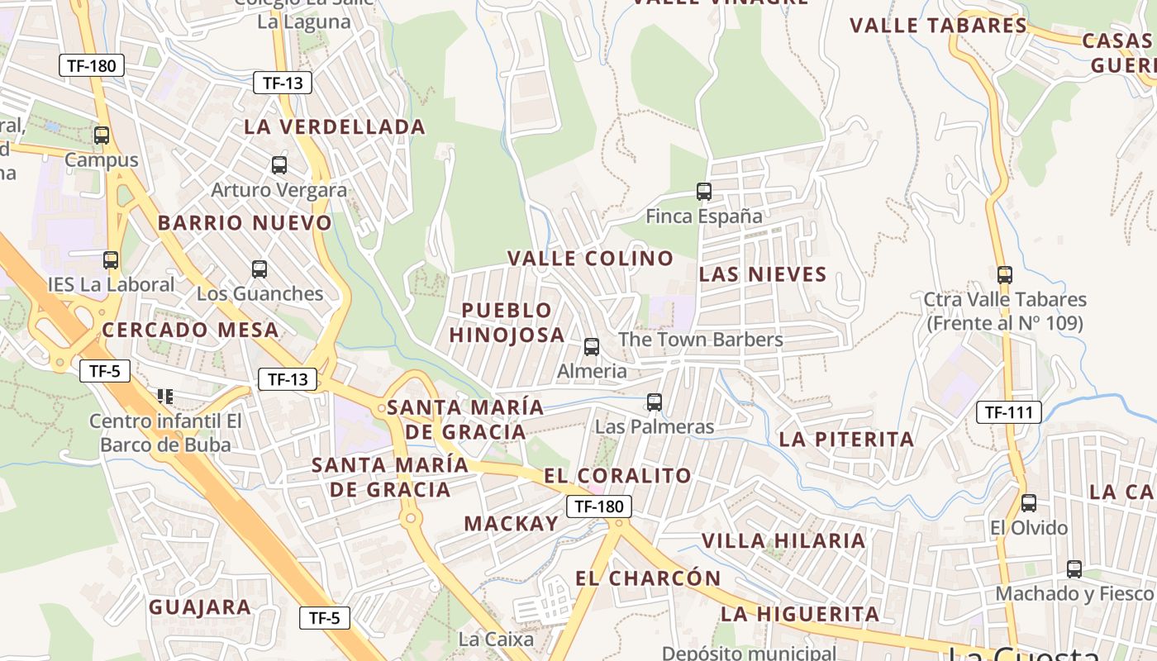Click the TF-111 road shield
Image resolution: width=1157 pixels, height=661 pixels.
tap(1008, 411)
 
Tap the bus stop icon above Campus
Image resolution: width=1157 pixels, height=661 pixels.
tap(102, 136)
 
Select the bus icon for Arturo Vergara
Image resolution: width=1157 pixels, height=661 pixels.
tap(279, 165)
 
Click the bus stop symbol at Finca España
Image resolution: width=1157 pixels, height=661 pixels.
tap(704, 192)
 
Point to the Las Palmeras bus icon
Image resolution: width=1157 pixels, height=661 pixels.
tap(655, 402)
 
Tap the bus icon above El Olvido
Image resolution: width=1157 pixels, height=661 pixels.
tap(1029, 502)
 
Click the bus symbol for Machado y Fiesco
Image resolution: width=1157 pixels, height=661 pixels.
tap(1074, 568)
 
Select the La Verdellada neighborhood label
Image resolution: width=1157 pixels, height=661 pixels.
tap(335, 127)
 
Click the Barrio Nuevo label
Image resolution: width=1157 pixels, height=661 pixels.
tap(245, 223)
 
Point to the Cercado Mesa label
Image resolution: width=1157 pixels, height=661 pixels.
tap(190, 330)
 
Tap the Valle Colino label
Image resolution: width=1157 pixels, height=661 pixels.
tap(591, 259)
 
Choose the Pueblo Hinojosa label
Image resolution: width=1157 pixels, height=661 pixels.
tap(507, 322)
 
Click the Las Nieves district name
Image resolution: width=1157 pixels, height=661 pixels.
tap(763, 274)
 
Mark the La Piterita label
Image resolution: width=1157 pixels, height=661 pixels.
tap(847, 440)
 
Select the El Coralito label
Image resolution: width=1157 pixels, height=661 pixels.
tap(617, 476)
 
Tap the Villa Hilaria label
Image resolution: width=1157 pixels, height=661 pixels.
tap(783, 541)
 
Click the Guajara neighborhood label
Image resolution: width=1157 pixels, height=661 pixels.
tap(200, 607)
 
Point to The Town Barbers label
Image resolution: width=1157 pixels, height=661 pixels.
tap(701, 340)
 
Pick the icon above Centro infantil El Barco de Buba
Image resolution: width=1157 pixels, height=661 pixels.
tap(165, 397)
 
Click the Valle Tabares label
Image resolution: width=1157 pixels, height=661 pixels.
tap(938, 26)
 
